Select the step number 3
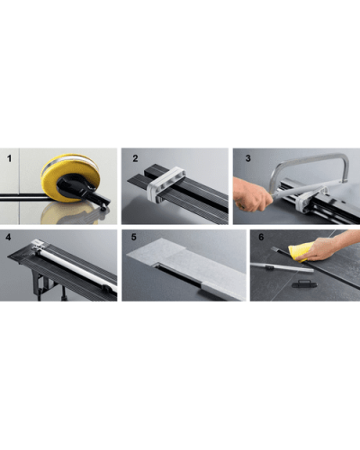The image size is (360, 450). point(247,159)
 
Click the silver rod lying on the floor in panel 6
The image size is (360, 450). point(279,266)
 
